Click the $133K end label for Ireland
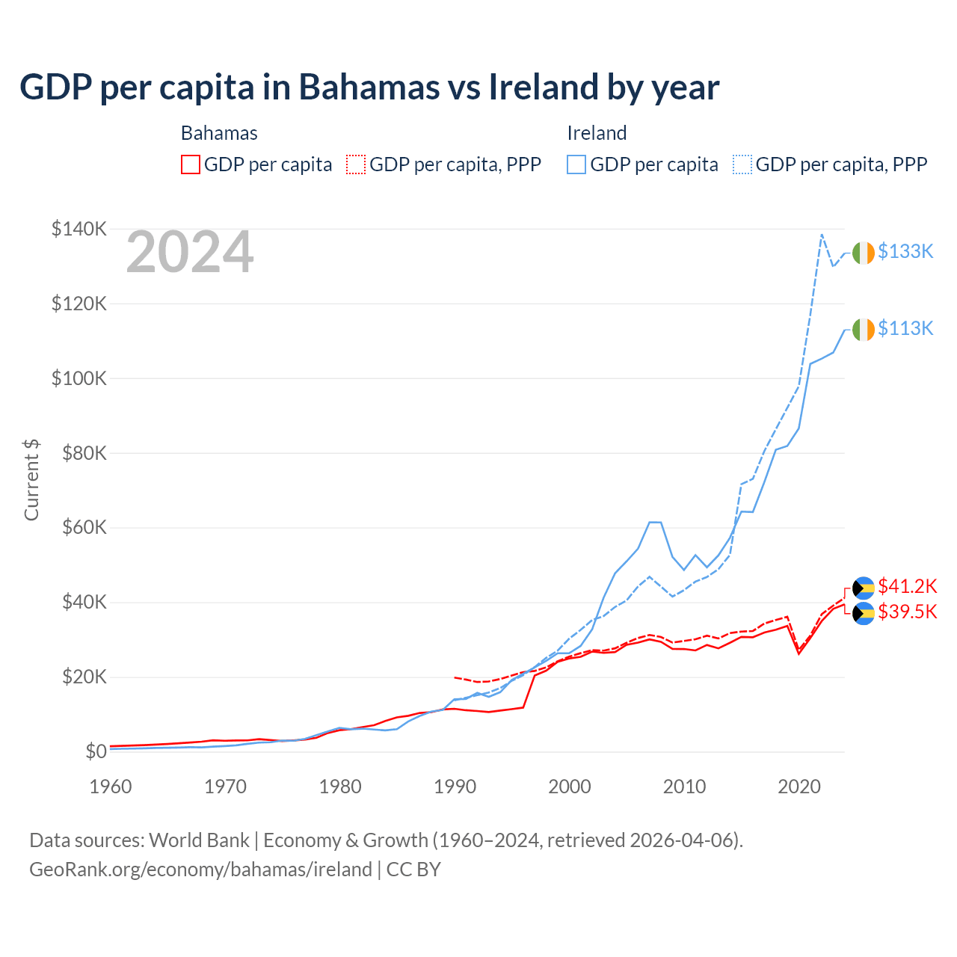[x=905, y=252]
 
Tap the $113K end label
[x=905, y=329]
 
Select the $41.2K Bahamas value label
[x=907, y=586]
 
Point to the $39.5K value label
[x=907, y=612]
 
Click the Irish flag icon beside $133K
[x=864, y=253]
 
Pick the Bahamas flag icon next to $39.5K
[x=864, y=613]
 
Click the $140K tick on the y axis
[x=79, y=229]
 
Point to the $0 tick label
[x=96, y=751]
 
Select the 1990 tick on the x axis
[x=455, y=787]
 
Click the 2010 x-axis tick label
[x=684, y=787]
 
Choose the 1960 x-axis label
[x=111, y=787]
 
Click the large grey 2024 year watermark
[x=190, y=253]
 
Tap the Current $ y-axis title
[x=31, y=480]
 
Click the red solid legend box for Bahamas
[x=191, y=164]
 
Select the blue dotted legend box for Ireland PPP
[x=742, y=164]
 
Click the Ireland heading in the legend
[x=597, y=133]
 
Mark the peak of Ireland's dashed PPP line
[x=822, y=235]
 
